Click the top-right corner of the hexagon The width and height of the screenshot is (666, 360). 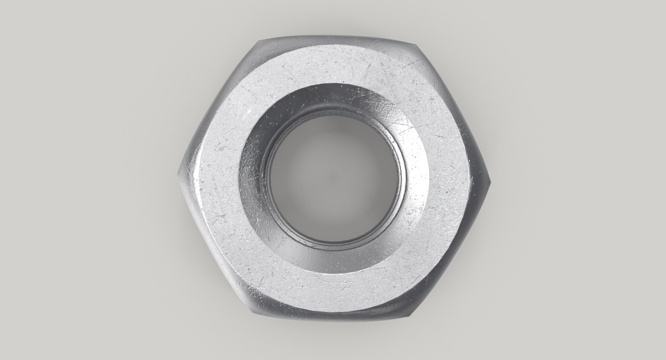(413, 44)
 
